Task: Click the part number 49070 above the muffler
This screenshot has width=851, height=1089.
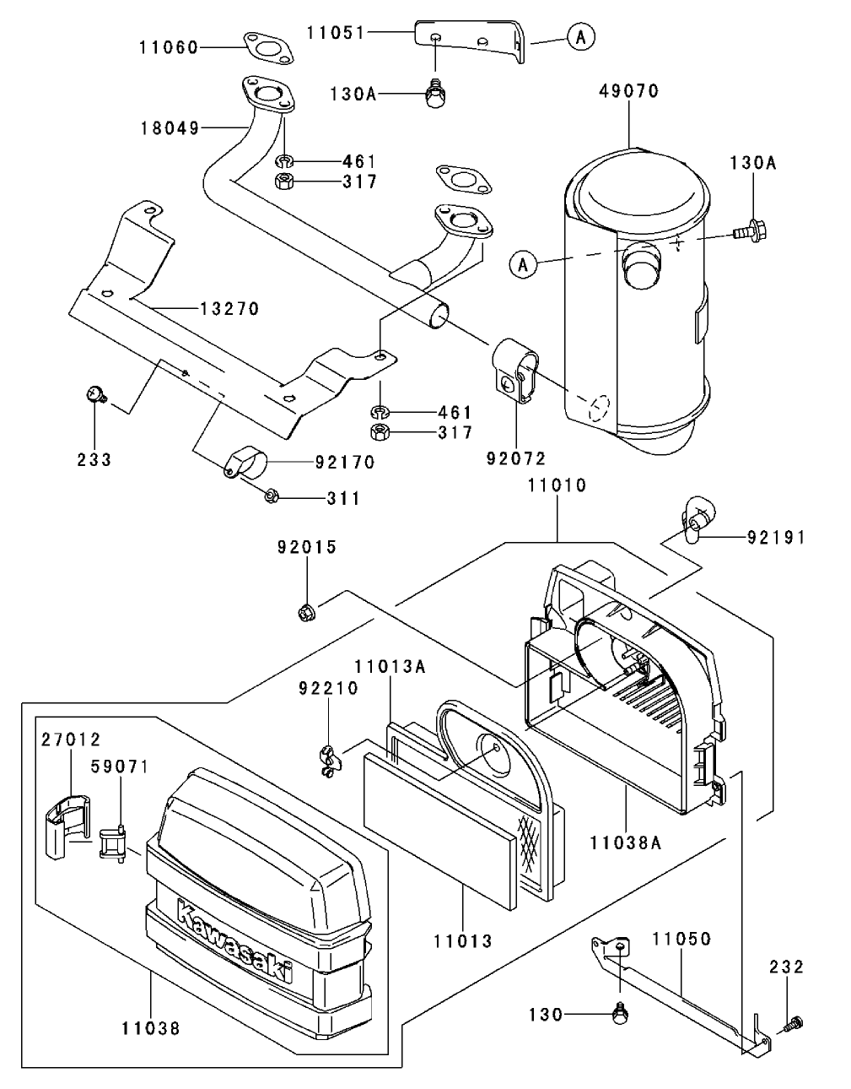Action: coord(629,90)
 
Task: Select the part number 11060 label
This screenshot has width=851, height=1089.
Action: coord(169,48)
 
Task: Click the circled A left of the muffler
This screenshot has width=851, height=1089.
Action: coord(523,264)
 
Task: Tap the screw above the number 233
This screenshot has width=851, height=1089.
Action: coord(95,393)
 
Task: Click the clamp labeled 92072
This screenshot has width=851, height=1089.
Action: coord(515,372)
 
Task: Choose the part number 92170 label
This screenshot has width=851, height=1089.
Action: coord(344,463)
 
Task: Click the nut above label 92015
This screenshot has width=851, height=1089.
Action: coord(307,611)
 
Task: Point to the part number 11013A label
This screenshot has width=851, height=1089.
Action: coord(390,667)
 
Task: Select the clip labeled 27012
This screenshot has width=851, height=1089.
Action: coord(65,826)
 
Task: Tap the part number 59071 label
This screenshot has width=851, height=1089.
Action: coord(119,767)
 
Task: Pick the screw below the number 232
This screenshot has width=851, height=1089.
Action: coord(792,1025)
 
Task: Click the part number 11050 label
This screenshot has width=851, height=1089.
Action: coord(681,939)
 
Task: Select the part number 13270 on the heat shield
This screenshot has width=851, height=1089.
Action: coord(229,309)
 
